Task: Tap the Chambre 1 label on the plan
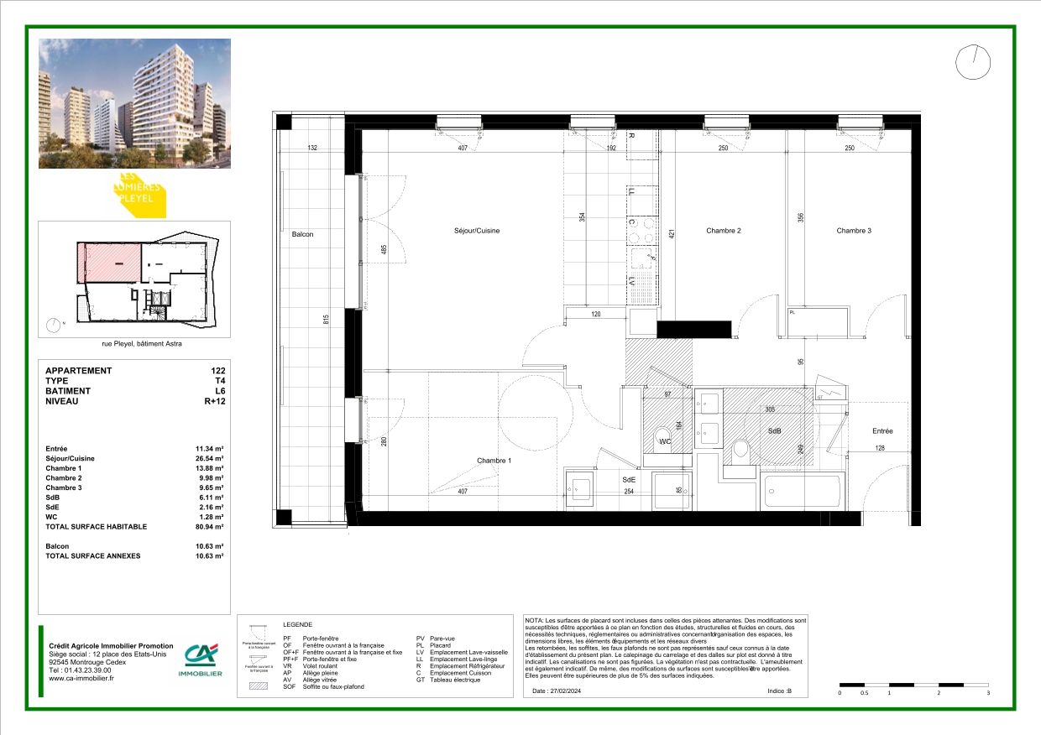click(x=494, y=461)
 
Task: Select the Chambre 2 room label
click(x=723, y=231)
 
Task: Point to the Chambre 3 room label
click(x=853, y=231)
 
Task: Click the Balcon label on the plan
click(x=302, y=234)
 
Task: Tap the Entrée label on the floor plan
click(x=881, y=431)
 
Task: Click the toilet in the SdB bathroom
click(x=740, y=451)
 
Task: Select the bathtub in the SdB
click(x=801, y=493)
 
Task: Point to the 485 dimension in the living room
click(x=384, y=250)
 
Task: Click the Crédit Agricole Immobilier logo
click(x=201, y=661)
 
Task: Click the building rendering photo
click(x=134, y=103)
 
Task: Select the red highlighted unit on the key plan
click(x=109, y=263)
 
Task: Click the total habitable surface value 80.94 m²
click(x=210, y=527)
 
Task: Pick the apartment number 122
click(x=218, y=371)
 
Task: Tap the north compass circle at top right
click(x=973, y=62)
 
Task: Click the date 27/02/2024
click(x=570, y=691)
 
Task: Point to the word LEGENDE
click(x=297, y=625)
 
